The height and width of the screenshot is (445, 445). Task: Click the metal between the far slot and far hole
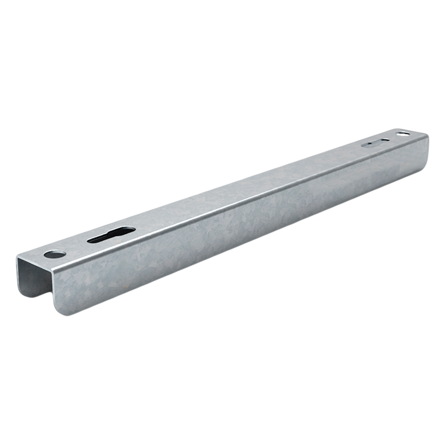pyautogui.click(x=393, y=137)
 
